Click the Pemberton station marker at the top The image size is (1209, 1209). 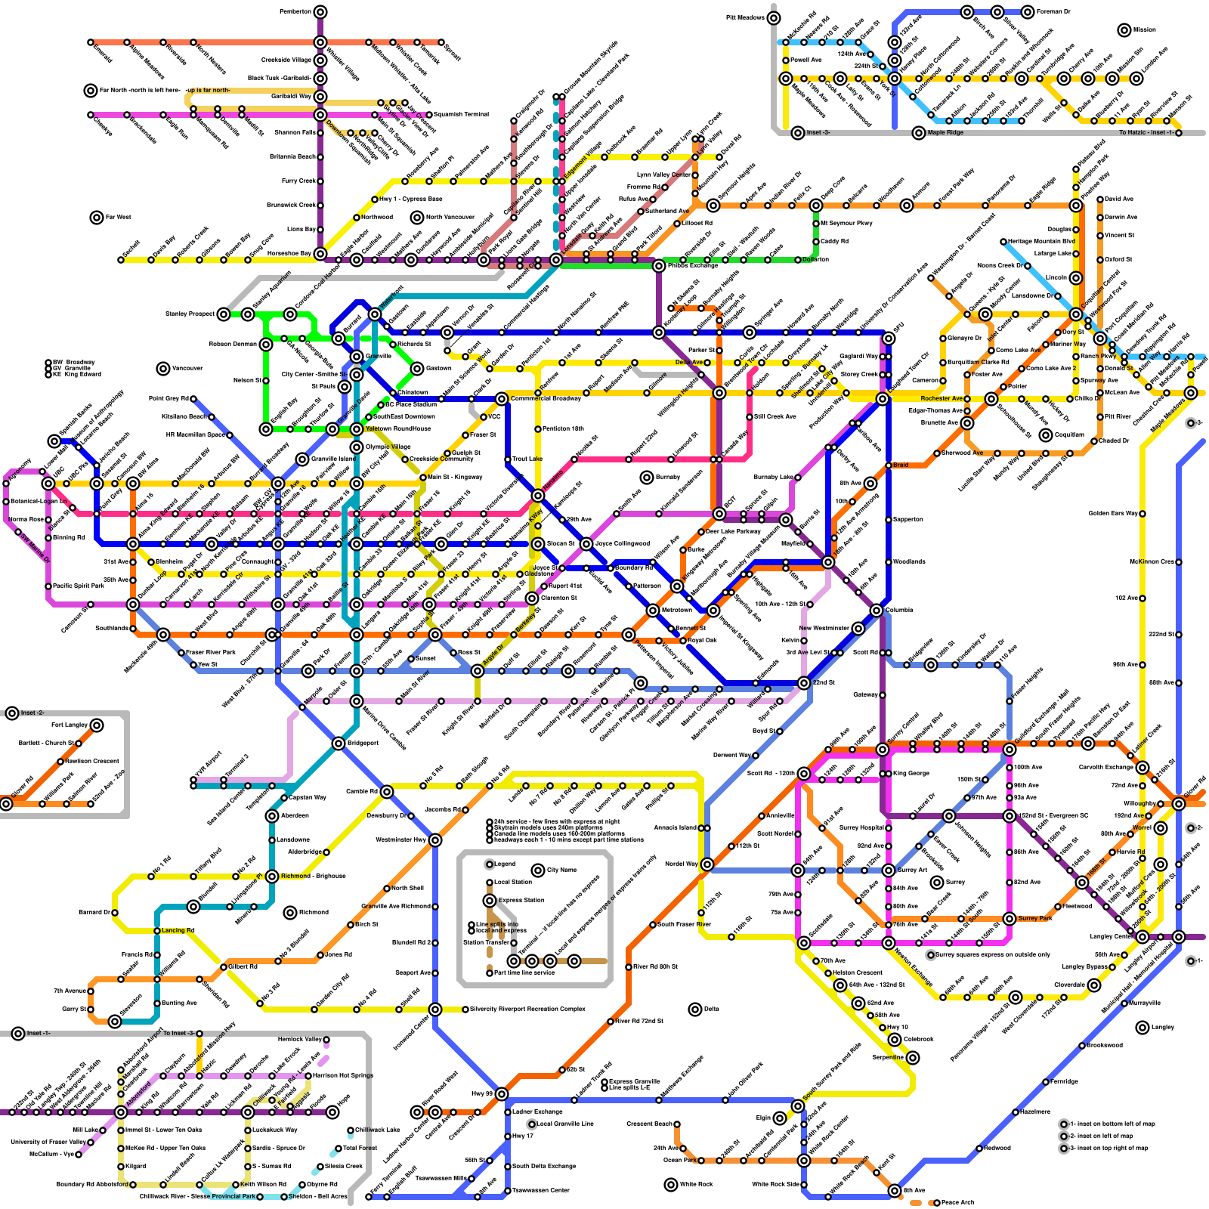point(320,11)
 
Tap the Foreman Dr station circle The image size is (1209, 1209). point(1028,11)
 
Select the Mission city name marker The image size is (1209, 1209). point(1124,29)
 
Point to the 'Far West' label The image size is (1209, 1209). point(118,217)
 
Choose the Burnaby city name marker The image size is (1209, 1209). point(647,477)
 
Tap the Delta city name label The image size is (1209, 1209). point(711,1009)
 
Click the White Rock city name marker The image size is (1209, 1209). point(671,1184)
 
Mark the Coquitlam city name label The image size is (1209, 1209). point(1046,434)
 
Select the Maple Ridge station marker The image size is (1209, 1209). point(919,133)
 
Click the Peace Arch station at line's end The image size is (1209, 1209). point(937,1202)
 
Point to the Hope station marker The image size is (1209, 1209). point(332,1112)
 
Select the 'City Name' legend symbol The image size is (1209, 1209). point(538,870)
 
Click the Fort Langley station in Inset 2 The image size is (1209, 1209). point(97,725)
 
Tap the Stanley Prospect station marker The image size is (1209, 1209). point(224,314)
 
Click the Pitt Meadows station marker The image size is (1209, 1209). point(774,17)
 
